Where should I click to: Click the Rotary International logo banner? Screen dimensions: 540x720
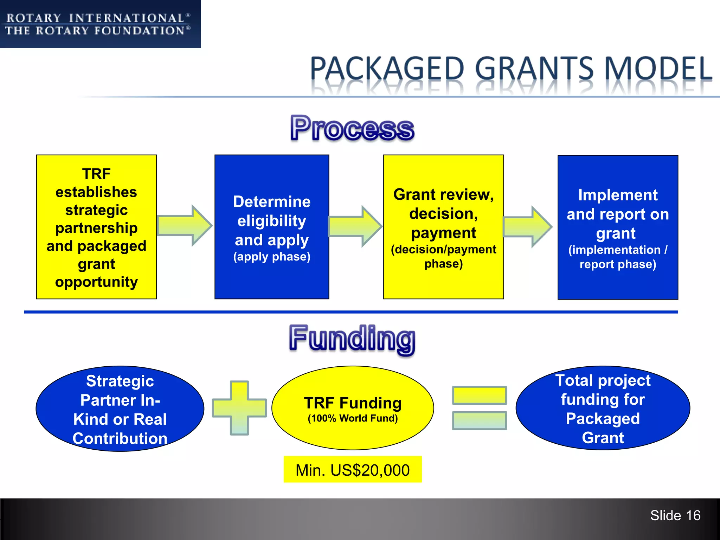[100, 24]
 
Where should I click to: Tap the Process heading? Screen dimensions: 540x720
[352, 129]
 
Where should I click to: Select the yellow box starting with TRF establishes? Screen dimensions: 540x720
[96, 227]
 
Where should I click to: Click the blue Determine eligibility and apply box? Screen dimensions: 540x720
[272, 227]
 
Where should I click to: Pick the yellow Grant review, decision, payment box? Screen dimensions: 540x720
[443, 227]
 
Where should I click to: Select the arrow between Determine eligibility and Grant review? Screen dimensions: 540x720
[355, 226]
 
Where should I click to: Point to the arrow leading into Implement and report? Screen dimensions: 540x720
[527, 226]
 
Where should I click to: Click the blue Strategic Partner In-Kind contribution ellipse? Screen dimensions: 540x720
[120, 409]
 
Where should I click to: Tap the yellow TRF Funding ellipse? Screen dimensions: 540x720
[353, 408]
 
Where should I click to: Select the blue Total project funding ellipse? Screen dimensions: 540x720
[603, 408]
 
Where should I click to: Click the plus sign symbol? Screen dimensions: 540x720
[239, 408]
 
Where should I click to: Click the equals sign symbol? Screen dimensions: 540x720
[480, 408]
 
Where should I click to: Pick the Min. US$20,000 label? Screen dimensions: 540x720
[353, 470]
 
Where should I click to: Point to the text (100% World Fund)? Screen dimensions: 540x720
[353, 418]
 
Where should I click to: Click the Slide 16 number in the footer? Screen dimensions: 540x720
[675, 515]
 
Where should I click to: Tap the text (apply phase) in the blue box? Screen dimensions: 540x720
[272, 257]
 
